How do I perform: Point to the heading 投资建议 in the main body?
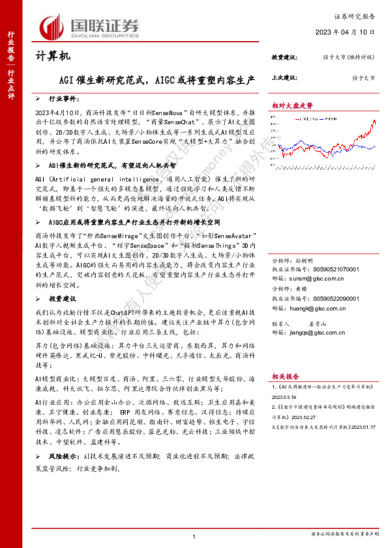pyautogui.click(x=63, y=298)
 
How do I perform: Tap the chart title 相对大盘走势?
pyautogui.click(x=292, y=104)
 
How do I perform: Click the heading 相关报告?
pyautogui.click(x=285, y=376)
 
